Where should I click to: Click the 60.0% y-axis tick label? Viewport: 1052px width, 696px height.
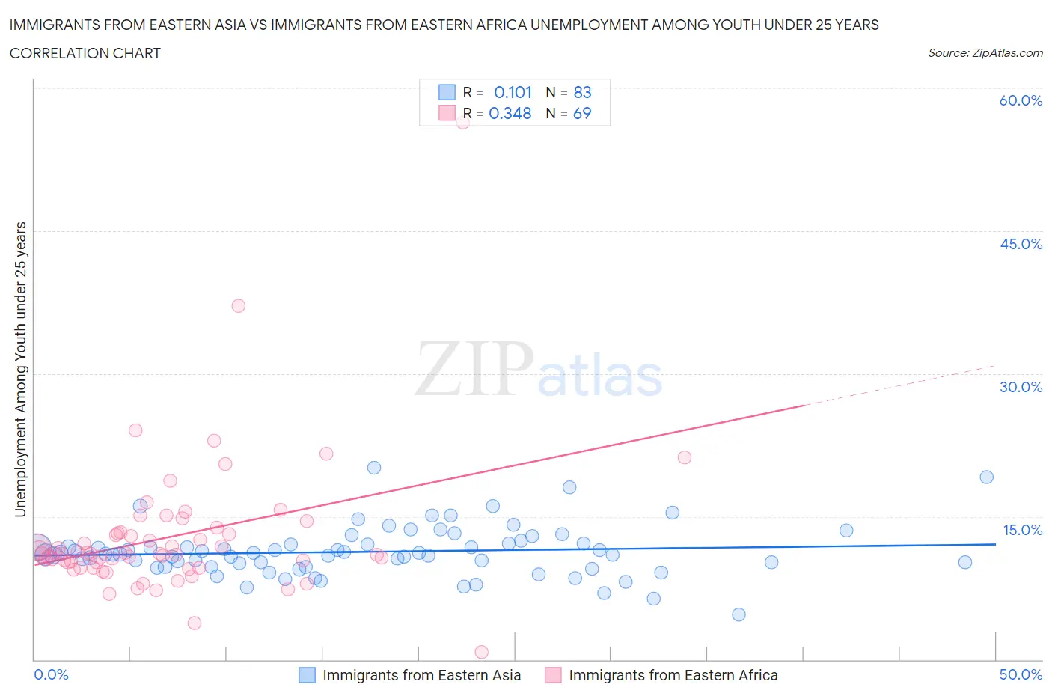[1021, 100]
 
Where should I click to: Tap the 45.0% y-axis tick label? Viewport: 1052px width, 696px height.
[1021, 244]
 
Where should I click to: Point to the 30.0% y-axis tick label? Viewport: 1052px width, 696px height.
[1021, 387]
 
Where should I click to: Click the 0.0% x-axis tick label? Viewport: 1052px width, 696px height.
[51, 674]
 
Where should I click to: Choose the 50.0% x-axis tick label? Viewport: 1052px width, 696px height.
[1021, 674]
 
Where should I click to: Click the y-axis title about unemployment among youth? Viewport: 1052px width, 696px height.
[20, 369]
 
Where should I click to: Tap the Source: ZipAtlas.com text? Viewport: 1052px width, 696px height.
[985, 53]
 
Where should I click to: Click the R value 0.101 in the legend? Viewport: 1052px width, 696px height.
[513, 92]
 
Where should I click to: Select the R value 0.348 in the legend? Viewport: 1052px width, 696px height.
[510, 113]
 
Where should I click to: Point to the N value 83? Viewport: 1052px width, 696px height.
[582, 92]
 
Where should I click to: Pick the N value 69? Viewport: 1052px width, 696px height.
[581, 113]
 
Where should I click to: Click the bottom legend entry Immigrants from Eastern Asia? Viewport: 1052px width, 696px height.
[421, 675]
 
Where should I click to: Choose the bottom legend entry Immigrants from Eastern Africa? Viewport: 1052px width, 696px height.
[673, 675]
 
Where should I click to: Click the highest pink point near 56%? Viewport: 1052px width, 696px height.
[462, 122]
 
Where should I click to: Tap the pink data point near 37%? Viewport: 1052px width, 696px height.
[239, 305]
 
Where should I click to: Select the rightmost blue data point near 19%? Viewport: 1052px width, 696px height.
[986, 477]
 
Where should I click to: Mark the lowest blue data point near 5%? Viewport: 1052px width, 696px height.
[738, 614]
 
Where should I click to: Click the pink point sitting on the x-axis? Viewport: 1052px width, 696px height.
[482, 653]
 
